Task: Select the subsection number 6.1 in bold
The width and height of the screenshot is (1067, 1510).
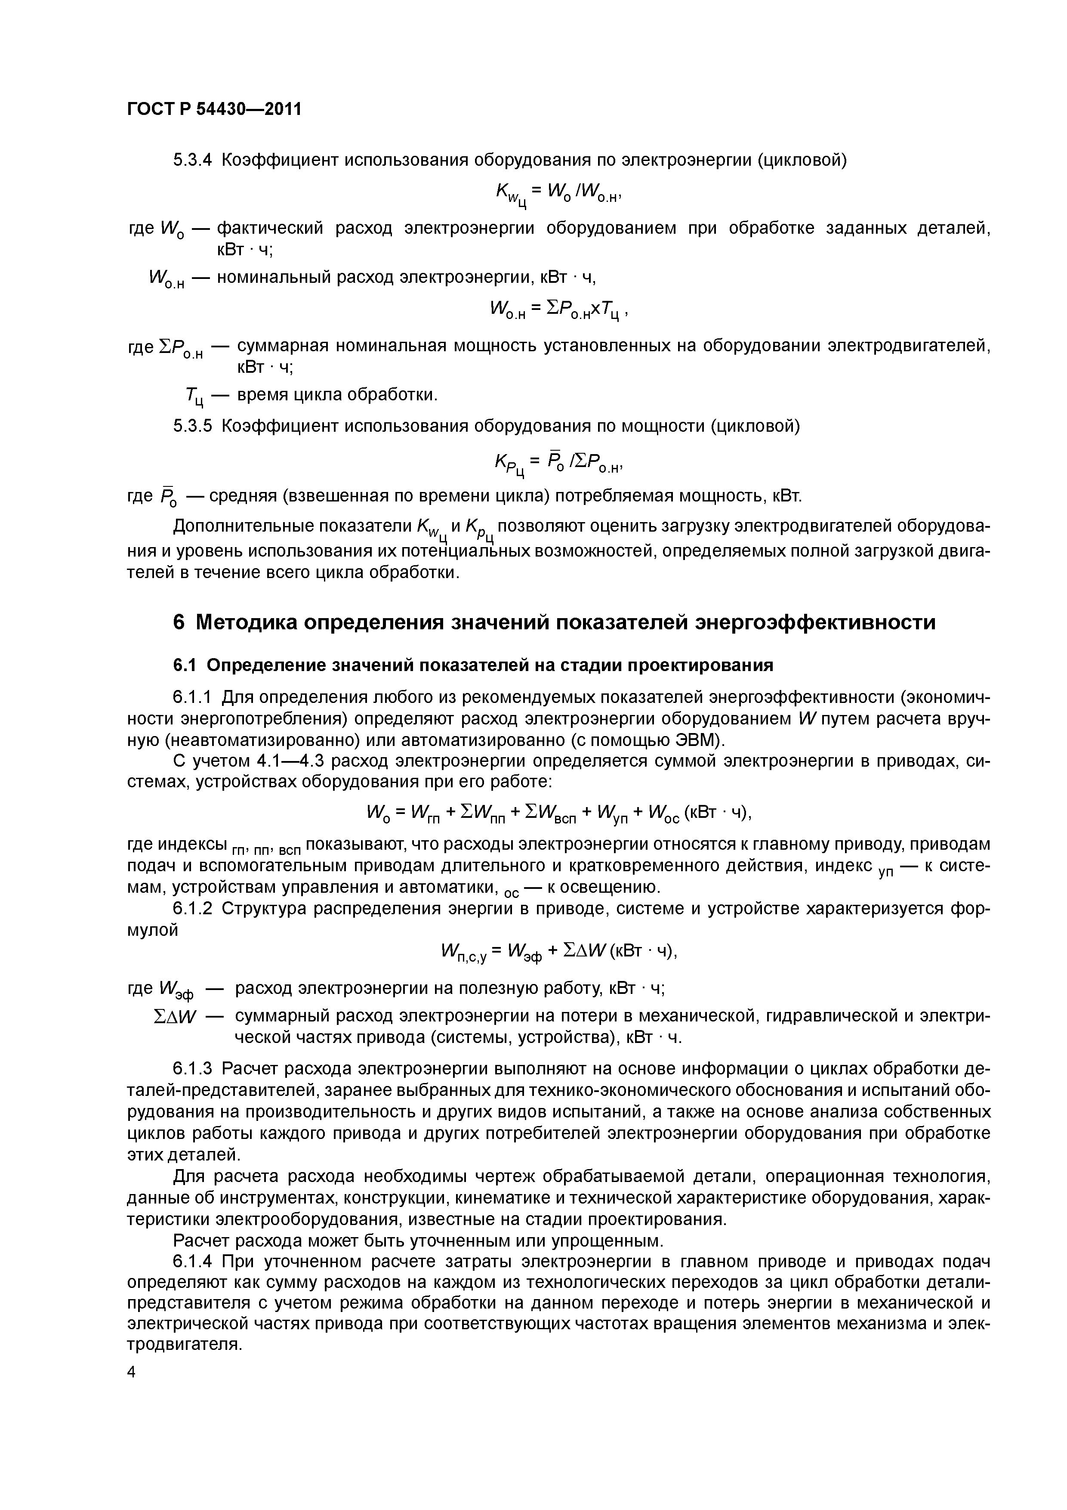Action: coord(184,665)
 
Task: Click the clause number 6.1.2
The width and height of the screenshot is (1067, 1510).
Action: coord(193,909)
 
